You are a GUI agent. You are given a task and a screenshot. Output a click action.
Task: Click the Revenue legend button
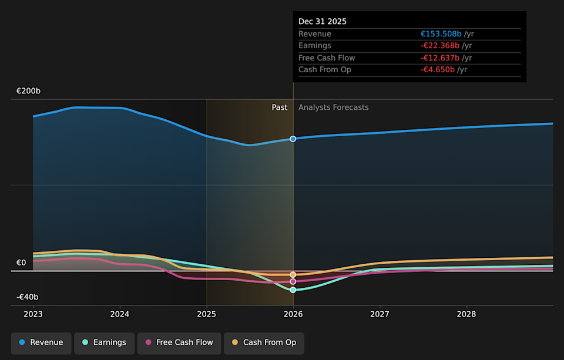[41, 342]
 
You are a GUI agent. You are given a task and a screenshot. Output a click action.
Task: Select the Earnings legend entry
[104, 342]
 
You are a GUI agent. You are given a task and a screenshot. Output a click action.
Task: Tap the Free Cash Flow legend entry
[179, 342]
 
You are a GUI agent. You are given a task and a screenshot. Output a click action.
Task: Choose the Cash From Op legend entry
[264, 342]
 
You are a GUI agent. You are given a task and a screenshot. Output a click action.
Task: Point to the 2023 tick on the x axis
[33, 314]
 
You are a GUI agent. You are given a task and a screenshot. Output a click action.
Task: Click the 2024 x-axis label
[120, 314]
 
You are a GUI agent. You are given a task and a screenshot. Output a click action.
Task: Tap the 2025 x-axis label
[206, 314]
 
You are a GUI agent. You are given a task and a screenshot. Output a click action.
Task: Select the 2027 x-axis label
[380, 314]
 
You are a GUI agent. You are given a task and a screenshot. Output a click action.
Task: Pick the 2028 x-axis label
[466, 314]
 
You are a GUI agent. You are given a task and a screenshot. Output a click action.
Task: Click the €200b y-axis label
[28, 91]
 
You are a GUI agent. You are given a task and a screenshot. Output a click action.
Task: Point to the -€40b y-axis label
[27, 297]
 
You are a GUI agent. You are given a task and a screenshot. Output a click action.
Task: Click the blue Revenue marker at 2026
[293, 139]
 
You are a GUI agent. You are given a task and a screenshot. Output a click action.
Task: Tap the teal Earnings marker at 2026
[293, 290]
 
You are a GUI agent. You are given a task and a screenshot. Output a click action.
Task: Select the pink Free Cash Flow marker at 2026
[293, 282]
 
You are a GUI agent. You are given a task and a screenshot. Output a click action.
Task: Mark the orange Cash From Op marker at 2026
[293, 275]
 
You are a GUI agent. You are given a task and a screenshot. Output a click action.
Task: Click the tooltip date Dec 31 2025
[323, 21]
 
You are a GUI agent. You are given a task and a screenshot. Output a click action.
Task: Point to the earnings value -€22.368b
[440, 46]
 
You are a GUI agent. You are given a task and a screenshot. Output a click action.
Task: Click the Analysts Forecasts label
[334, 107]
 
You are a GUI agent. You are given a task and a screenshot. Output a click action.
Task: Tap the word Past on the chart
[280, 107]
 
